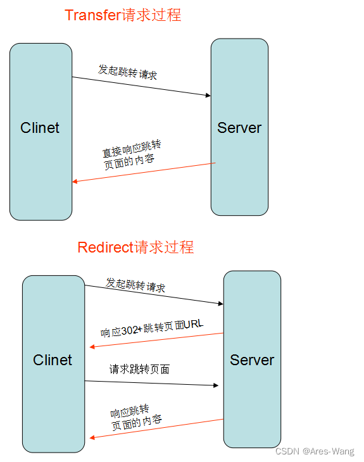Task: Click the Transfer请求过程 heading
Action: coord(122,15)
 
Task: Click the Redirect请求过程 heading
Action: coord(135,247)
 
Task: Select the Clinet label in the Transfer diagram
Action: coord(40,128)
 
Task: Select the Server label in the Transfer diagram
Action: coord(239,128)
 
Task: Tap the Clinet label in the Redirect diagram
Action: coord(53,360)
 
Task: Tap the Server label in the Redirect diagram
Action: coord(252,360)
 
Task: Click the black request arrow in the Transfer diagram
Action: coord(141,87)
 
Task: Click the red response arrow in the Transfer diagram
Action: coord(144,173)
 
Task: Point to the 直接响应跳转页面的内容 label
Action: coord(129,158)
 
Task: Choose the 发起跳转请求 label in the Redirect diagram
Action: coord(135,285)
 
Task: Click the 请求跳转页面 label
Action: coord(139,369)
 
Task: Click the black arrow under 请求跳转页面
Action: coord(152,383)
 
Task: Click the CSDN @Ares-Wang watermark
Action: coord(315,452)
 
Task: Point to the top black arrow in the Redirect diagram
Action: coord(154,295)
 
